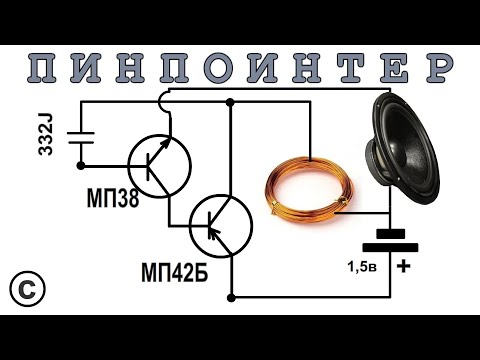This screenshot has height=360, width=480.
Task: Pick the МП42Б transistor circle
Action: click(x=220, y=226)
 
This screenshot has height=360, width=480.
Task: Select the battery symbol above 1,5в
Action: click(x=389, y=238)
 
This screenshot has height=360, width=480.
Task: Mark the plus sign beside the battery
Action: click(x=404, y=266)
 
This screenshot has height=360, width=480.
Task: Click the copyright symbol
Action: click(x=28, y=288)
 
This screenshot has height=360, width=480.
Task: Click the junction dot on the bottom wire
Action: click(x=231, y=297)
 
